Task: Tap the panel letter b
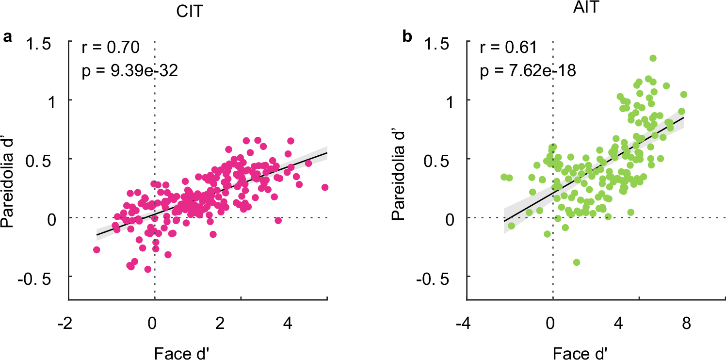tap(408, 37)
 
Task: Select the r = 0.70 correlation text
tap(110, 48)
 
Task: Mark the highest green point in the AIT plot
tap(653, 58)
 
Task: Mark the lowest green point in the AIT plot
tap(577, 262)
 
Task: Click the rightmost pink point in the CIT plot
tap(325, 187)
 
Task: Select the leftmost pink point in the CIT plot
tap(97, 249)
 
